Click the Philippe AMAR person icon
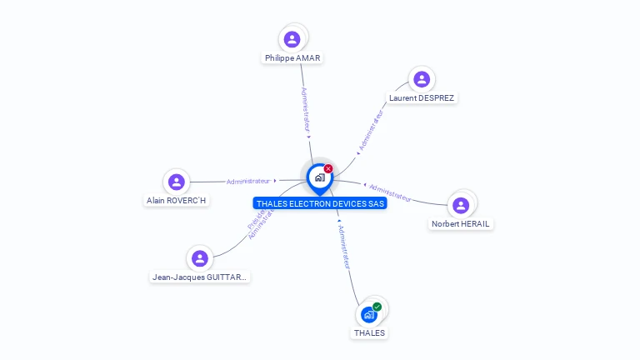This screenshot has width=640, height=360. tap(292, 38)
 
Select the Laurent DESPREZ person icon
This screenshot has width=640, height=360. tap(422, 79)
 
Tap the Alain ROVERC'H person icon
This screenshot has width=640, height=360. tap(176, 182)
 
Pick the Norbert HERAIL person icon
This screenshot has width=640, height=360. tap(461, 205)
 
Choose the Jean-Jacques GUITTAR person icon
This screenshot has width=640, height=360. tap(199, 258)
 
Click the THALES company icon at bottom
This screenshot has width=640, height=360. tap(368, 315)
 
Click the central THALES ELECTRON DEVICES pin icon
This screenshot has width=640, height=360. tap(319, 177)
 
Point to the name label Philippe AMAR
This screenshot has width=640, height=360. tap(292, 58)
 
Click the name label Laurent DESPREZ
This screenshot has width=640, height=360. tap(422, 98)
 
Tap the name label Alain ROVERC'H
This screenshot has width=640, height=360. tap(176, 201)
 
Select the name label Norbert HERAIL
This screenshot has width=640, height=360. tap(461, 224)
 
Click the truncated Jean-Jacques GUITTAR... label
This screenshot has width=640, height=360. tap(200, 277)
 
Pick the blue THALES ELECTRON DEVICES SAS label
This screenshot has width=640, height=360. tap(320, 203)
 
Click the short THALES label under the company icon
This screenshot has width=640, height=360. tap(369, 333)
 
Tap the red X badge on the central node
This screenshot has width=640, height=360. tap(328, 168)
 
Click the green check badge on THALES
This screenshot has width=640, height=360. tap(377, 307)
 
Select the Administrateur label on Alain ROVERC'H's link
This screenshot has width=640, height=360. tap(248, 181)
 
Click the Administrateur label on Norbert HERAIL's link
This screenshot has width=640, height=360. tap(390, 192)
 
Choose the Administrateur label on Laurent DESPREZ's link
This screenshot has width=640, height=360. tap(372, 130)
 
